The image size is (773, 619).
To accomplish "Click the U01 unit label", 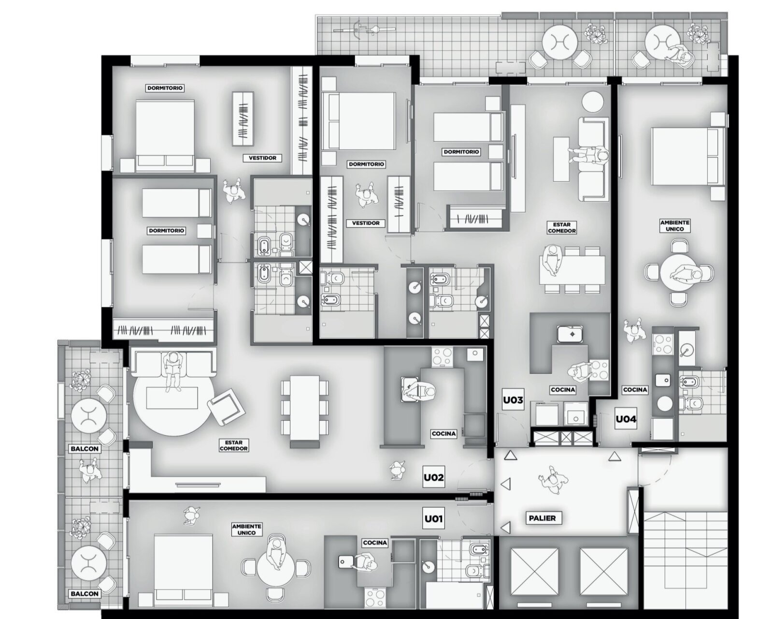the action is pyautogui.click(x=433, y=518).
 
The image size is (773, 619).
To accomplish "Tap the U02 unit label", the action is pyautogui.click(x=433, y=478).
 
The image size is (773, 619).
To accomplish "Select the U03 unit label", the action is pyautogui.click(x=513, y=400).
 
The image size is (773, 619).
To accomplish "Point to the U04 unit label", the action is pyautogui.click(x=626, y=419).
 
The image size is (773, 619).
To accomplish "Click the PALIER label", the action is pyautogui.click(x=543, y=518).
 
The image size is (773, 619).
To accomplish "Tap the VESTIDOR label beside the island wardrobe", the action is pyautogui.click(x=262, y=158).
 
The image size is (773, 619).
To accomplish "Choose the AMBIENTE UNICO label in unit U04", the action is pyautogui.click(x=675, y=226).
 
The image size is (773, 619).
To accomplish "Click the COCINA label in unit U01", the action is pyautogui.click(x=374, y=543).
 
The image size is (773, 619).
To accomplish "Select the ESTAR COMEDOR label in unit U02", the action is pyautogui.click(x=233, y=446).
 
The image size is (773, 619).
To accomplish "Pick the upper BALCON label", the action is pyautogui.click(x=85, y=449).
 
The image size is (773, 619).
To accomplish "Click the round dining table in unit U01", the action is pyautogui.click(x=276, y=568).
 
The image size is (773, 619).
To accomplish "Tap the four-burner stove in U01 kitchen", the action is pyautogui.click(x=375, y=598).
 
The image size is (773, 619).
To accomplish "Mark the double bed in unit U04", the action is pyautogui.click(x=686, y=157).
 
